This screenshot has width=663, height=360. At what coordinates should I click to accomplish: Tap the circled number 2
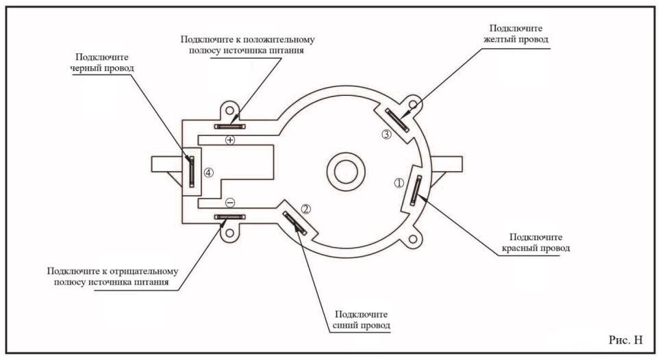coord(306,209)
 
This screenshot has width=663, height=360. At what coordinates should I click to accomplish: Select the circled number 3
coord(386,135)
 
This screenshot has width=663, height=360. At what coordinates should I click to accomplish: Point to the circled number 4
coord(209,172)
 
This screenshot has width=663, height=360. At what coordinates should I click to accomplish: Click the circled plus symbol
coord(230,140)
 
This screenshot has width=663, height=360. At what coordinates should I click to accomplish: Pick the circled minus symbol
coord(230,203)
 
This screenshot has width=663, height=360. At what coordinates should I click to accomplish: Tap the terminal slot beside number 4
coord(192,171)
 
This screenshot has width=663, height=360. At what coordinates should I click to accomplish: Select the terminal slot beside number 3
coord(397,120)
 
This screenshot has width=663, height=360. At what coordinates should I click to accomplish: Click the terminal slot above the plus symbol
coord(229,126)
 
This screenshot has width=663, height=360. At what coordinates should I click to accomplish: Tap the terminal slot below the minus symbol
coord(229,217)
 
